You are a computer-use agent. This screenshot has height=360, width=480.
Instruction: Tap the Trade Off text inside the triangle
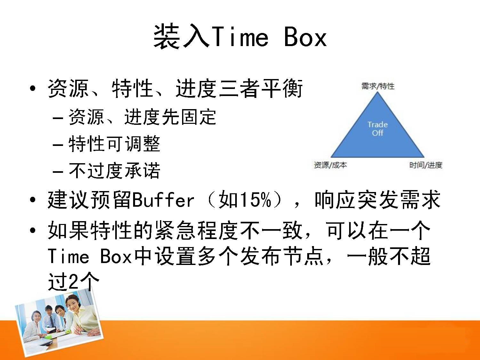click(x=377, y=129)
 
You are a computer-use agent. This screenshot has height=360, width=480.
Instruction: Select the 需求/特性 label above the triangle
click(x=378, y=86)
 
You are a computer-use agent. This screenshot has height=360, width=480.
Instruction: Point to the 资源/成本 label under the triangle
click(x=330, y=165)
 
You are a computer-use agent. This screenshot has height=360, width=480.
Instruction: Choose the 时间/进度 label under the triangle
click(x=426, y=165)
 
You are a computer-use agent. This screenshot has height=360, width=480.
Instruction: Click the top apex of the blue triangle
click(x=377, y=92)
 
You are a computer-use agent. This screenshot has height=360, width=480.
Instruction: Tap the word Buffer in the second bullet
click(x=163, y=200)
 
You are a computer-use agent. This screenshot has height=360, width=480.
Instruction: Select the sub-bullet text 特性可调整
click(x=114, y=144)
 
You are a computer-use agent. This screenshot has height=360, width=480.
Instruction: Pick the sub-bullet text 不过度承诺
click(x=114, y=171)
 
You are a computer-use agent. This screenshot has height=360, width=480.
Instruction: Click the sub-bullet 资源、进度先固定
click(x=142, y=117)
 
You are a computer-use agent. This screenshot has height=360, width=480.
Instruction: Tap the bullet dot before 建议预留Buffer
click(x=33, y=200)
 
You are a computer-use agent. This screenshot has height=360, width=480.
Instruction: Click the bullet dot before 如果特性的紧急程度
click(x=33, y=230)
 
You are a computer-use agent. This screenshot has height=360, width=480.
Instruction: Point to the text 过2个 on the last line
click(x=74, y=282)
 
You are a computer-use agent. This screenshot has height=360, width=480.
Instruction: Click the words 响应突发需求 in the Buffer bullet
click(x=377, y=199)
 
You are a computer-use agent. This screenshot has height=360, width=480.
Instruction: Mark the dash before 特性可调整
click(x=58, y=145)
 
